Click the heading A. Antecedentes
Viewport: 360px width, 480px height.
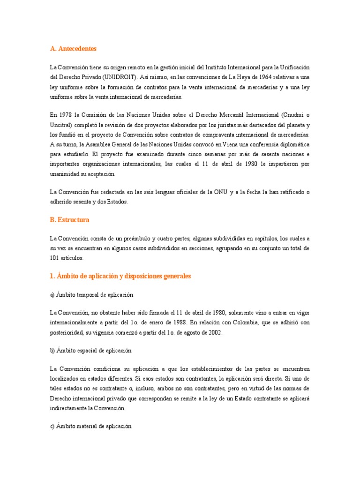[73, 48]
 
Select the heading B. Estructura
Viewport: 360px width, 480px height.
[69, 220]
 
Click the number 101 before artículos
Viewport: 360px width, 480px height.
[54, 258]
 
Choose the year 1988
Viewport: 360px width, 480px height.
[175, 322]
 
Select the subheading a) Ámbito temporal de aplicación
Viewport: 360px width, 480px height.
[91, 295]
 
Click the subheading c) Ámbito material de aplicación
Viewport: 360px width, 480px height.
[90, 427]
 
